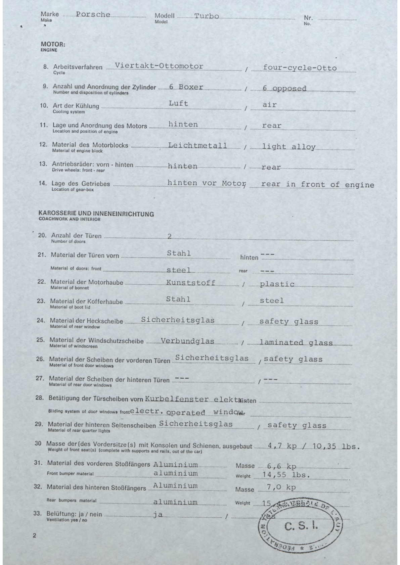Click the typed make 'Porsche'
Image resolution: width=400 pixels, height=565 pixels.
pyautogui.click(x=93, y=14)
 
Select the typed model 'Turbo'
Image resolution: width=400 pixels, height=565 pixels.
pyautogui.click(x=207, y=16)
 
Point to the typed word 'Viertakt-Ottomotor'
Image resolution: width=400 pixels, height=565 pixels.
pyautogui.click(x=159, y=66)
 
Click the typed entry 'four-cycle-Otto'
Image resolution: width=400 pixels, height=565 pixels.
pyautogui.click(x=300, y=68)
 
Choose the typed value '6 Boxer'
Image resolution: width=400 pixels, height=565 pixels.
pyautogui.click(x=186, y=87)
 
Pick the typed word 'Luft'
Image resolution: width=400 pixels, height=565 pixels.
pyautogui.click(x=178, y=103)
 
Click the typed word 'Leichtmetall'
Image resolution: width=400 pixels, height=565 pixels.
pyautogui.click(x=197, y=146)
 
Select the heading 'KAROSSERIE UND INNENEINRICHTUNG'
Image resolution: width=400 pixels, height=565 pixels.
pyautogui.click(x=96, y=214)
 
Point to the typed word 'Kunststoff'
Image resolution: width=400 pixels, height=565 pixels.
pyautogui.click(x=191, y=283)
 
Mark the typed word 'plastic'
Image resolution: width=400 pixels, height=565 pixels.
pyautogui.click(x=277, y=284)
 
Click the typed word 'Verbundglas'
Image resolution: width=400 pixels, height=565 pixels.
pyautogui.click(x=187, y=341)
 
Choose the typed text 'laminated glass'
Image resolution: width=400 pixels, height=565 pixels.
pyautogui.click(x=296, y=343)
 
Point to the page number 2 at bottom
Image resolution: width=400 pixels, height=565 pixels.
pyautogui.click(x=34, y=536)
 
